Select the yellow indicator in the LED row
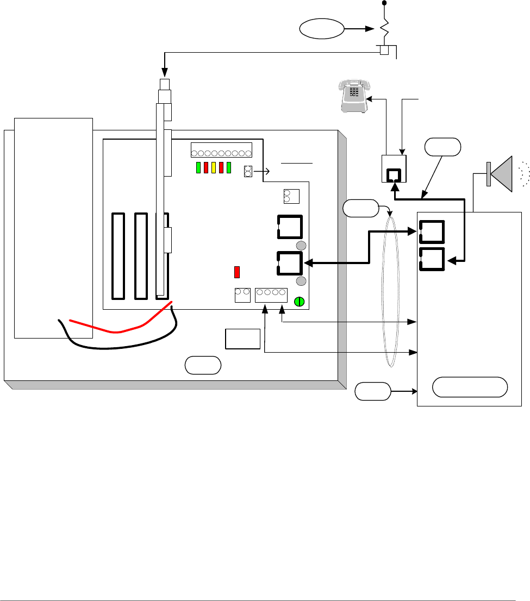point(214,168)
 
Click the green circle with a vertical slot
point(298,302)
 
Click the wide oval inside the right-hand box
point(470,387)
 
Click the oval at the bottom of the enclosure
point(203,365)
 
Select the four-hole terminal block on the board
point(271,293)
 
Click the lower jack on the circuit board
point(290,263)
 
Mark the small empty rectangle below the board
point(242,339)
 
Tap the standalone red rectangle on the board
point(237,272)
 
